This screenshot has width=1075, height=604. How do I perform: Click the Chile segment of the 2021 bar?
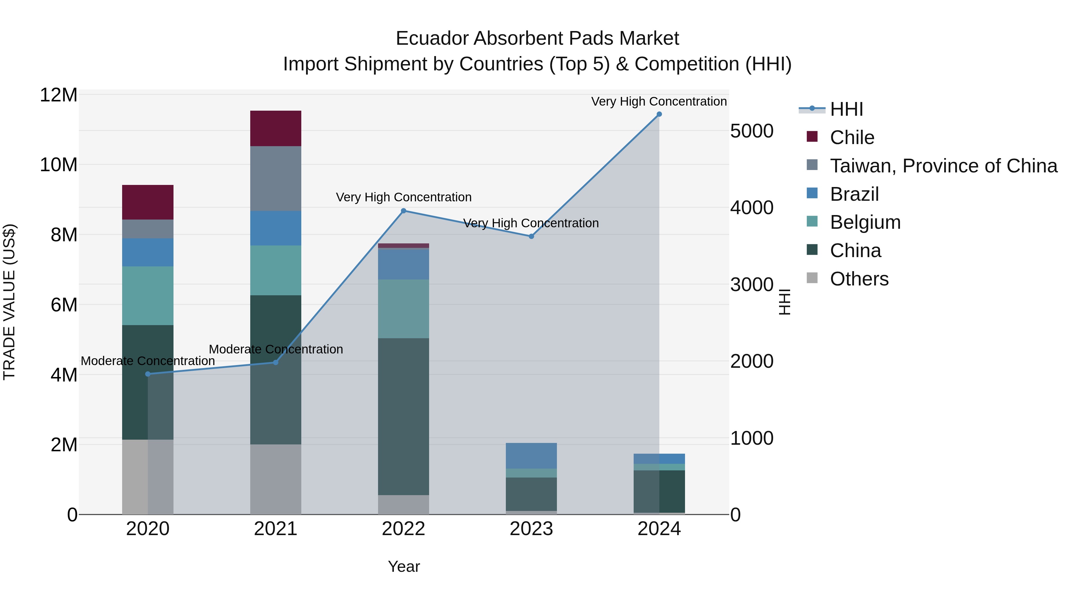[x=275, y=128]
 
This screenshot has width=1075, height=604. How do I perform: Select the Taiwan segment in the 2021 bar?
[x=275, y=178]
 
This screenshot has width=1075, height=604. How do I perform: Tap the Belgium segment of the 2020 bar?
[x=148, y=296]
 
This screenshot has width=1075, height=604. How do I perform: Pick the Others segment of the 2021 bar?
[x=275, y=479]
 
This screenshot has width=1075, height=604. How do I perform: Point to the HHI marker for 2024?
[x=659, y=114]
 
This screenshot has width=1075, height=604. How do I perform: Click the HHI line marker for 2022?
[x=403, y=211]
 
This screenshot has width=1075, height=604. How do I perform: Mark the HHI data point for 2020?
[x=148, y=374]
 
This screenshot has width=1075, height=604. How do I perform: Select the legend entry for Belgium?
[x=865, y=222]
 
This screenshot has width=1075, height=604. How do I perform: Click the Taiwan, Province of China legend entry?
[x=943, y=166]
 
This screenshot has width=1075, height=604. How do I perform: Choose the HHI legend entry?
[x=846, y=109]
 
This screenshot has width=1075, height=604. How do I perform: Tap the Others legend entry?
[x=859, y=279]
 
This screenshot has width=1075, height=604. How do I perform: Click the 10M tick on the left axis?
[x=59, y=165]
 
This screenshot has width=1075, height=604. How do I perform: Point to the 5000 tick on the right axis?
[x=752, y=131]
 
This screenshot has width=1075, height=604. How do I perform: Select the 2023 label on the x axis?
[x=531, y=529]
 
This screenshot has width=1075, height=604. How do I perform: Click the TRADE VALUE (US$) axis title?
[x=9, y=302]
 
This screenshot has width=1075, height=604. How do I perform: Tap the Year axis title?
[x=403, y=566]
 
